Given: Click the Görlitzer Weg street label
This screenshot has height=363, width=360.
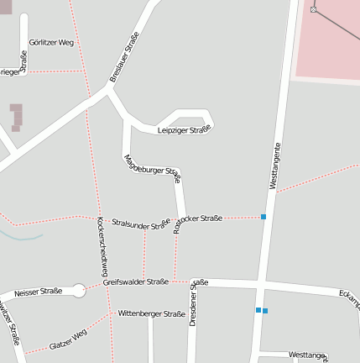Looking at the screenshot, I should (x=51, y=41).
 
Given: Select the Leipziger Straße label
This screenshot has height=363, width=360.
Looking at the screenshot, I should (x=183, y=130).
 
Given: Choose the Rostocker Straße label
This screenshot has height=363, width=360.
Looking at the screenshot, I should (x=198, y=221).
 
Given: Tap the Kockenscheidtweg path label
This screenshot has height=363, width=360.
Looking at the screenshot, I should (x=103, y=246).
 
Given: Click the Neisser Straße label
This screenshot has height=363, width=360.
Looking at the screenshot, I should (x=38, y=292).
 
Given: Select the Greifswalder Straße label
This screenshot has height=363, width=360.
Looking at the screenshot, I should (x=135, y=282).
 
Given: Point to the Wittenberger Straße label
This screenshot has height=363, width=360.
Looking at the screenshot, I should (x=151, y=313).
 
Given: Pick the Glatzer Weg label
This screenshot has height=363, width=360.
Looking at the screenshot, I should (x=68, y=339).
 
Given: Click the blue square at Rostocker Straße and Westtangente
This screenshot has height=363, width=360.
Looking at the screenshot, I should (x=263, y=217).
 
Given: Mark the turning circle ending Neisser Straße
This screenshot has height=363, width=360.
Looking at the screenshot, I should (x=79, y=291).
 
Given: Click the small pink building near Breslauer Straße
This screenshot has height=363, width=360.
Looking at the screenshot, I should (x=16, y=117).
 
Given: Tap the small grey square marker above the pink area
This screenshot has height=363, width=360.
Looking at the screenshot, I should (x=313, y=9).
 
